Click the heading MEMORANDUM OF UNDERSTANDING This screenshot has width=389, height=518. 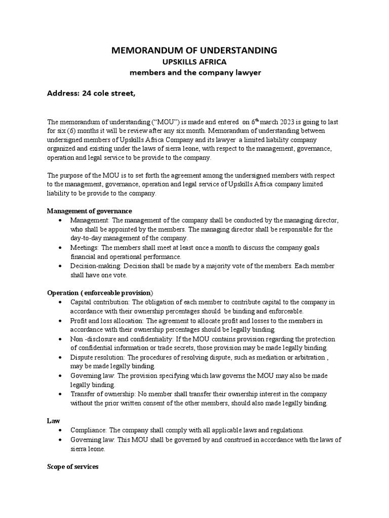194,50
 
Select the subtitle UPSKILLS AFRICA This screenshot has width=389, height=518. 194,62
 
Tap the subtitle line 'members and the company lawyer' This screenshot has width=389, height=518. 194,72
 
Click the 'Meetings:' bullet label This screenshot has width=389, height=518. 85,247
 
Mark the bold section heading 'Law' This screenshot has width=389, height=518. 53,421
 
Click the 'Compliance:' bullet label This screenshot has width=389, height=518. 88,430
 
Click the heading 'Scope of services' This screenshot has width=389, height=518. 72,467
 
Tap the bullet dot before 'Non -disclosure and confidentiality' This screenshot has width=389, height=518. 61,339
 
